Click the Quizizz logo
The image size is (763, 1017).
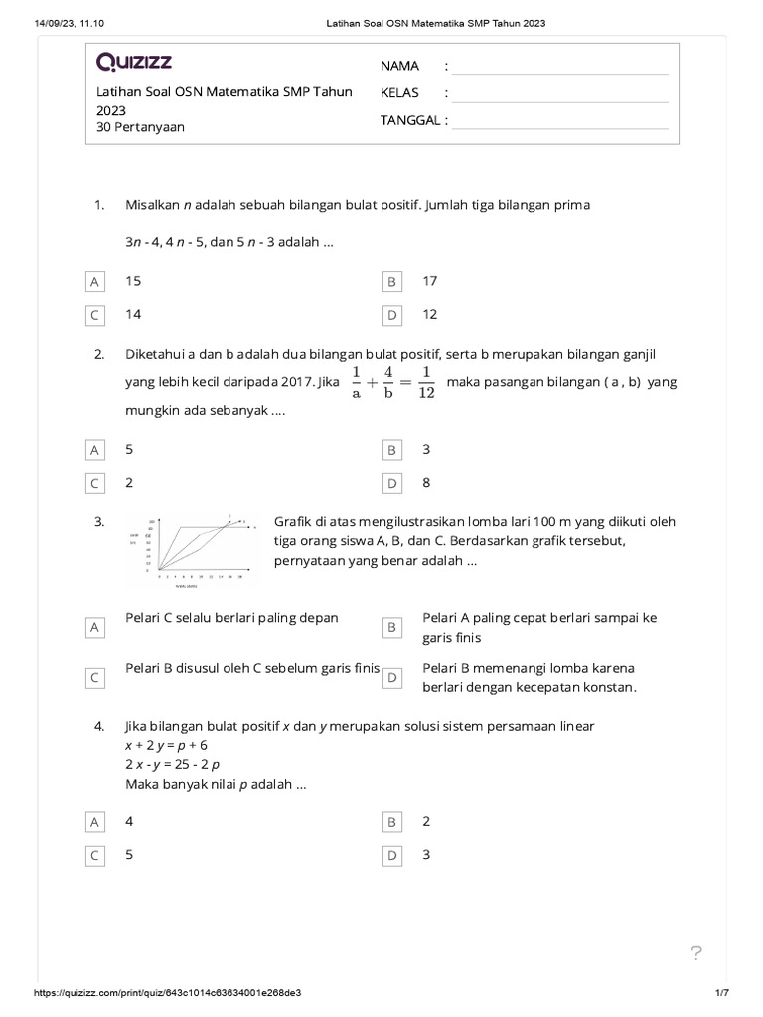click(x=134, y=63)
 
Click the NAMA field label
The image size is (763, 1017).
click(x=399, y=66)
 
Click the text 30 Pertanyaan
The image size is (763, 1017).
click(x=140, y=127)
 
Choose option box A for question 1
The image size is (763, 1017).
click(x=95, y=282)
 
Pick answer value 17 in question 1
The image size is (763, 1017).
click(x=429, y=281)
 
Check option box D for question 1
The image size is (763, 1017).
click(x=392, y=315)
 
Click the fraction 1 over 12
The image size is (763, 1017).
click(x=425, y=382)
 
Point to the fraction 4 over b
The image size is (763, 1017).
click(x=388, y=382)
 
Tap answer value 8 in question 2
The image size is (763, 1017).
click(x=426, y=482)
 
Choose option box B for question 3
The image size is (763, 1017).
click(x=392, y=628)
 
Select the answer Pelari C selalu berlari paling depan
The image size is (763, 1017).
click(x=231, y=618)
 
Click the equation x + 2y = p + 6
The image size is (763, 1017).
click(x=166, y=745)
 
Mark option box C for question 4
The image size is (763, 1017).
click(x=95, y=856)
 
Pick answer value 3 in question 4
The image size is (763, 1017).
click(x=426, y=854)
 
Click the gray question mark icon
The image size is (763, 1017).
click(x=696, y=954)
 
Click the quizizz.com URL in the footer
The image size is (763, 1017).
click(x=168, y=993)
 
